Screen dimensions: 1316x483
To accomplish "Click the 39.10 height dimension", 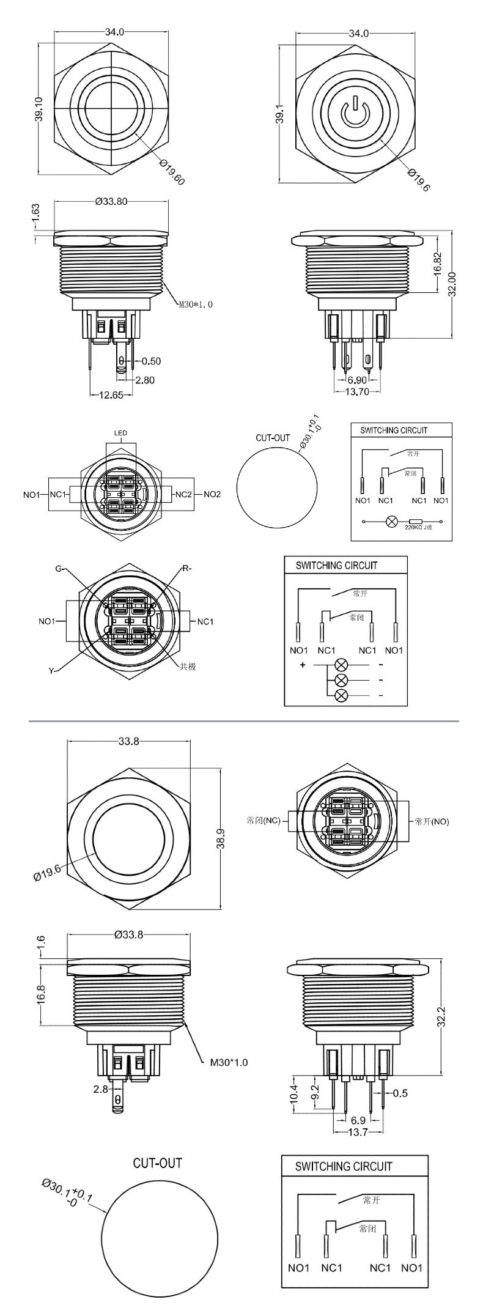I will pyautogui.click(x=39, y=108).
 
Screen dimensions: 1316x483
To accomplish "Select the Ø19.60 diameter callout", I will pyautogui.click(x=172, y=172).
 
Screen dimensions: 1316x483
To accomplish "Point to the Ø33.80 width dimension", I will pyautogui.click(x=111, y=202).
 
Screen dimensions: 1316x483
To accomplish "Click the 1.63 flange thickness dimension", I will pyautogui.click(x=36, y=212).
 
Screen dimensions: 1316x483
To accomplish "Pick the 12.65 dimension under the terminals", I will pyautogui.click(x=111, y=395).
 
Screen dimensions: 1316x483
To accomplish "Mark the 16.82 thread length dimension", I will pyautogui.click(x=437, y=264).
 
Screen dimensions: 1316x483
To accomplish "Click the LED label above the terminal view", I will pyautogui.click(x=120, y=433).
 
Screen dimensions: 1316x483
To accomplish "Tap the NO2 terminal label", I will pyautogui.click(x=212, y=494).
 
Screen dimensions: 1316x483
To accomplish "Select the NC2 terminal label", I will pyautogui.click(x=184, y=494).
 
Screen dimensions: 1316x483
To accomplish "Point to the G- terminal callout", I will pyautogui.click(x=59, y=569).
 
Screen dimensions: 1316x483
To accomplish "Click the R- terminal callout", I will pyautogui.click(x=186, y=569).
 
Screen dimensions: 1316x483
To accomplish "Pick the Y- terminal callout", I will pyautogui.click(x=53, y=671).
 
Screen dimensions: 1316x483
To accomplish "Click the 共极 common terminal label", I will pyautogui.click(x=187, y=667).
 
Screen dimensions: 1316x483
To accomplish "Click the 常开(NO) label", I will pyautogui.click(x=432, y=821).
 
